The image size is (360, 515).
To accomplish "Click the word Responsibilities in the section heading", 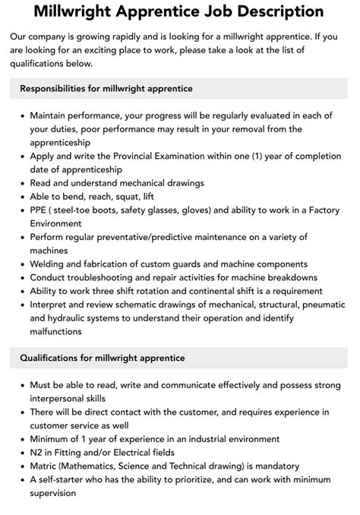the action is [59, 89].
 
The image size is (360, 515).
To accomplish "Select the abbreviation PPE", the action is [39, 210].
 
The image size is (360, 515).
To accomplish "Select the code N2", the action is [37, 452].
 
